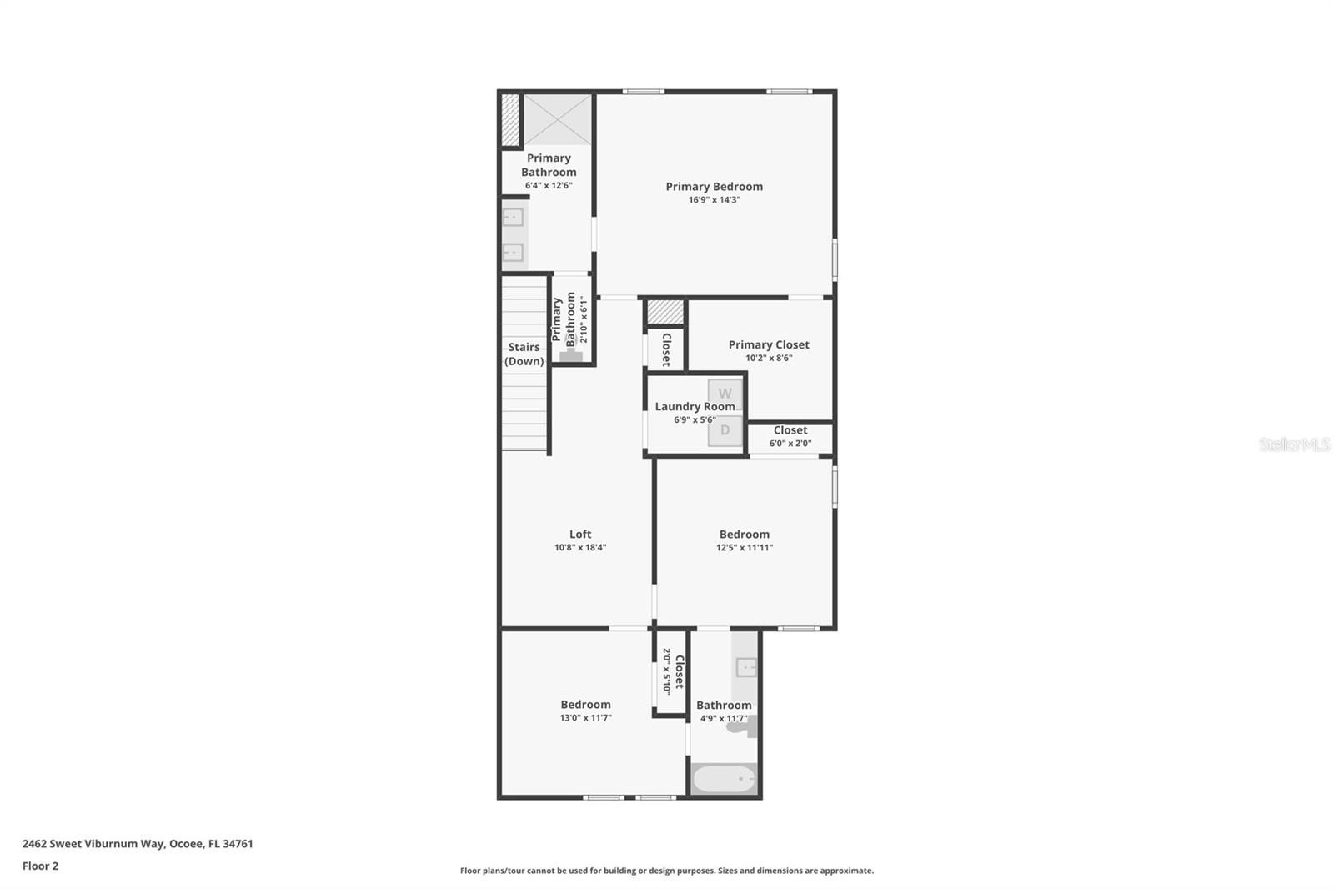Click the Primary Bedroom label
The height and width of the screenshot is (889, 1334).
[714, 187]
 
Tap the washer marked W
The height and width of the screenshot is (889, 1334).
[725, 394]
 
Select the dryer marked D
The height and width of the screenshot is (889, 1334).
[725, 430]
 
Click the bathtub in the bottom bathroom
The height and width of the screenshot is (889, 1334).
[724, 780]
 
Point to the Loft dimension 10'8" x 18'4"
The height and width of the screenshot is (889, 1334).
[580, 548]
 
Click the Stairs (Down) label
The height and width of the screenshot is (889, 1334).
[524, 354]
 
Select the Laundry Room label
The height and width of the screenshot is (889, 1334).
[695, 406]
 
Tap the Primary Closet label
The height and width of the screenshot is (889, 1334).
[768, 344]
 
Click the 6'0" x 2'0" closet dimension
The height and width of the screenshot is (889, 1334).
[790, 444]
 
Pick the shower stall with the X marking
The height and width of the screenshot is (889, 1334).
[558, 119]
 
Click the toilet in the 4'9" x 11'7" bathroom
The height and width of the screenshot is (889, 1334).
[740, 727]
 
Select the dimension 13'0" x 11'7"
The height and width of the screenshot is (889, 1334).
[585, 718]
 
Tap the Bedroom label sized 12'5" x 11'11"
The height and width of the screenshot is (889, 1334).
[744, 535]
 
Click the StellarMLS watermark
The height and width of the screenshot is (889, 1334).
[1294, 444]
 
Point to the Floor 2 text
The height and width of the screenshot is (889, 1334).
[40, 866]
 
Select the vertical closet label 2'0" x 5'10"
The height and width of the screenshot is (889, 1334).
[673, 671]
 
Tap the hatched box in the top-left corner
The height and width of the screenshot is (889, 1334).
[510, 119]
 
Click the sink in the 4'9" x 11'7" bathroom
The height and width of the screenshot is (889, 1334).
[745, 667]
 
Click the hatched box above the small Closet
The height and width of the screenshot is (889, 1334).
[665, 312]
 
